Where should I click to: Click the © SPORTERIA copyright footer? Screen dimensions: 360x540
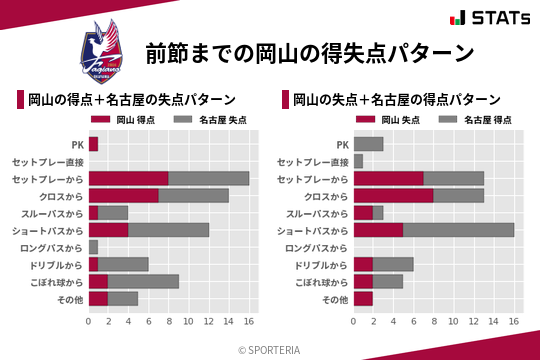click(270, 349)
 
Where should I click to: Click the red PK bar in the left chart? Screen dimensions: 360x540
click(93, 144)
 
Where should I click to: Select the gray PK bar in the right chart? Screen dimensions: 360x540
click(368, 144)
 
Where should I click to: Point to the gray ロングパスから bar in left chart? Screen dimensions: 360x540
click(93, 246)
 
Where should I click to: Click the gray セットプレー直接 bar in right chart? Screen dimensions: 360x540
click(358, 161)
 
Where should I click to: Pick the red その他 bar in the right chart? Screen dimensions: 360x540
click(363, 297)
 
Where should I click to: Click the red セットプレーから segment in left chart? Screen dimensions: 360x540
click(128, 178)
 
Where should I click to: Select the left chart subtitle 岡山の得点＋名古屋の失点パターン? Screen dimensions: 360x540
click(132, 99)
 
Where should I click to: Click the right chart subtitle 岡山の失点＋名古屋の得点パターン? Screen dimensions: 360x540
click(397, 99)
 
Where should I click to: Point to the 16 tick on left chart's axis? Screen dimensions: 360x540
click(249, 322)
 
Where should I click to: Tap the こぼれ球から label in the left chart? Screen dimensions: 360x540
click(54, 280)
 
